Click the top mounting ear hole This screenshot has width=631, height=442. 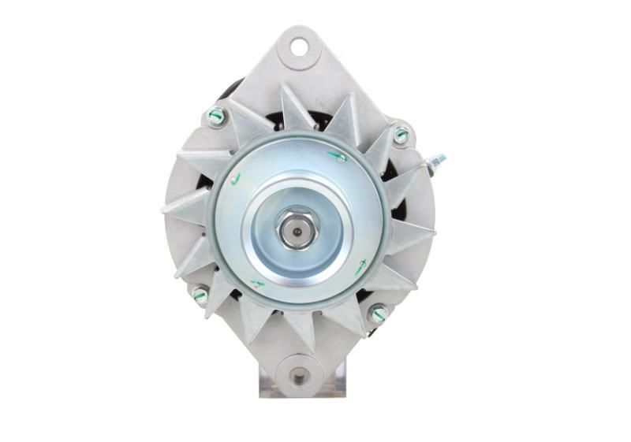300,46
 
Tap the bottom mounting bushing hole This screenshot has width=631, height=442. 299,376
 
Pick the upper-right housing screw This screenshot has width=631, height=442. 401,135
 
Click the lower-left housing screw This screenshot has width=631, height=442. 200,295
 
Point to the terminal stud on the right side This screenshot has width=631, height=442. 435,163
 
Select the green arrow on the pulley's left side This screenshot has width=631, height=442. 234,179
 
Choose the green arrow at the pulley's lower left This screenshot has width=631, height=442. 257,283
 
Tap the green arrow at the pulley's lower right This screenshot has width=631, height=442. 360,267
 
